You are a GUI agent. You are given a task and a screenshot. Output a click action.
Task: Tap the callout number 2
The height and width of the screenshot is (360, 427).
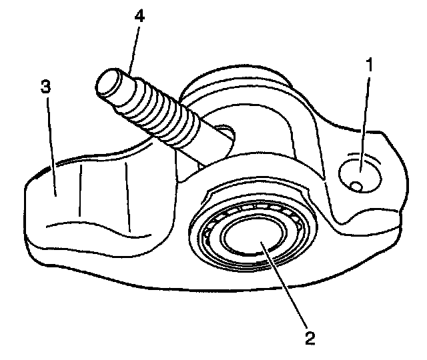pyautogui.click(x=309, y=337)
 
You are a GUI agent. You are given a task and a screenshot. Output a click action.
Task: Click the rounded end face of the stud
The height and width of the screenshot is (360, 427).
pyautogui.click(x=109, y=83)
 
